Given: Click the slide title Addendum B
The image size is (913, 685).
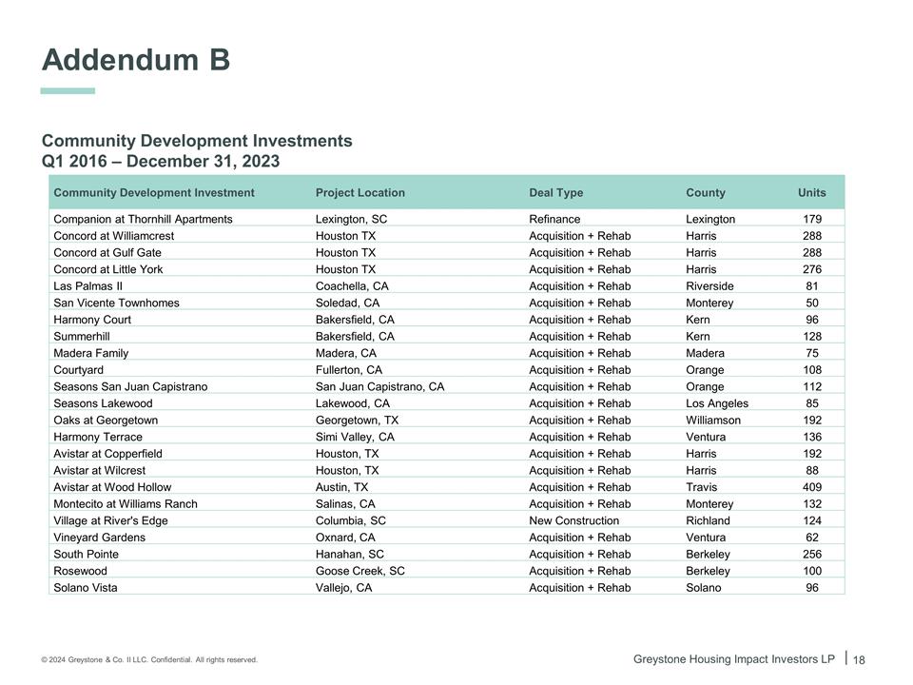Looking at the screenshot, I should (136, 60).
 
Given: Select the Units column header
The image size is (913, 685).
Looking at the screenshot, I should (811, 193).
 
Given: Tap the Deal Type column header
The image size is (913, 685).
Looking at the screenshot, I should (555, 193).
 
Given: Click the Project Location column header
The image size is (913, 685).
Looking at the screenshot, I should (359, 193).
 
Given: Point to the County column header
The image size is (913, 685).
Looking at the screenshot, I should (705, 193).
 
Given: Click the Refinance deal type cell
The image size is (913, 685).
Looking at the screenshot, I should (554, 220).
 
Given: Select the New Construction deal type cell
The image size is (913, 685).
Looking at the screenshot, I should (573, 521).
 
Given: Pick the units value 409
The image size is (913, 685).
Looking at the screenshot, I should (811, 487).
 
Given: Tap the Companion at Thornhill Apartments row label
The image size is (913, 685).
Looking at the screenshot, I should (143, 220).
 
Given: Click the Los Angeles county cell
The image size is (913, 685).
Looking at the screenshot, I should (716, 403).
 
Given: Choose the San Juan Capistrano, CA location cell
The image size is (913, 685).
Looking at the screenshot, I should (379, 387).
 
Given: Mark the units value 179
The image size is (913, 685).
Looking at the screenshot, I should (811, 220).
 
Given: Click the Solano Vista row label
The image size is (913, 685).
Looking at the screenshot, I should (86, 588).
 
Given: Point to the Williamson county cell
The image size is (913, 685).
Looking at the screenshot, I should (712, 421).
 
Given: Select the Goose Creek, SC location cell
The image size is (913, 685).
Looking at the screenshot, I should (359, 571).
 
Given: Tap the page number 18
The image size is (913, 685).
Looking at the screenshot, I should (859, 660).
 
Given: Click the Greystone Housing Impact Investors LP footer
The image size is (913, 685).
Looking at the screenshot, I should (733, 659).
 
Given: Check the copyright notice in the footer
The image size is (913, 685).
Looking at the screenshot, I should (149, 660).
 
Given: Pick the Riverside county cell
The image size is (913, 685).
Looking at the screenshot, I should (709, 286).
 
